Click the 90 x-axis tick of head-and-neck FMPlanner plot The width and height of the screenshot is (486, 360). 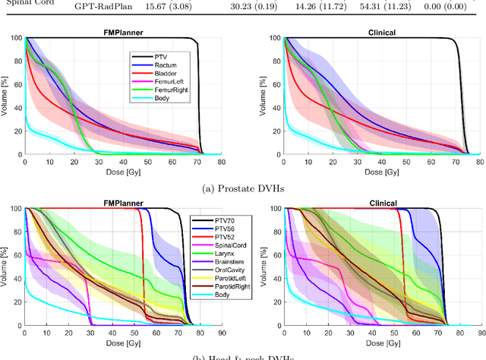[220, 332]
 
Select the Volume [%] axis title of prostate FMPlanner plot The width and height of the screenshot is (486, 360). [10, 96]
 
